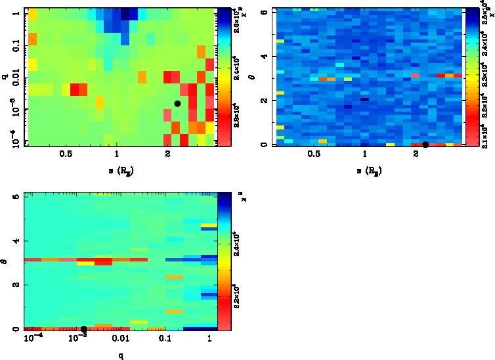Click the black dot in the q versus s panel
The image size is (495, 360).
point(177,104)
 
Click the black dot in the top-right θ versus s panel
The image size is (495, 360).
point(425,145)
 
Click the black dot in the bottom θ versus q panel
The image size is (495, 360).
point(84,328)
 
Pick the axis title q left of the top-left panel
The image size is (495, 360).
point(5,77)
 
